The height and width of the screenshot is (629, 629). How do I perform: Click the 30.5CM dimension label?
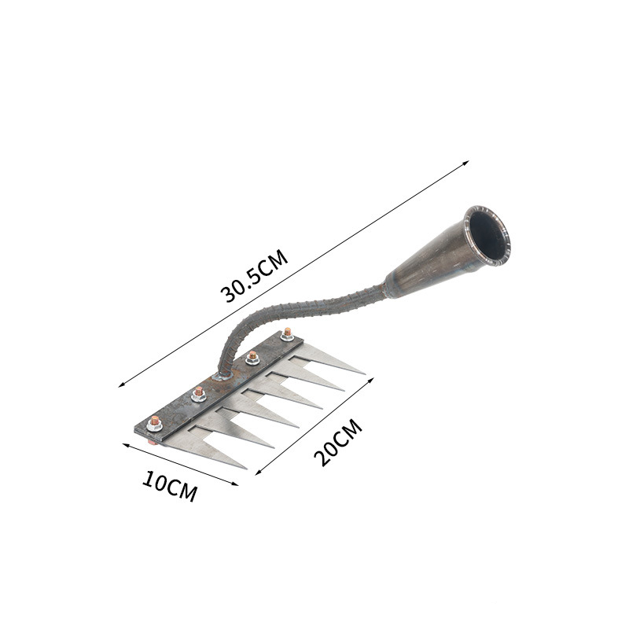[254, 276]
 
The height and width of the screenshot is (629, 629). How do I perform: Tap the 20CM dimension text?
[338, 442]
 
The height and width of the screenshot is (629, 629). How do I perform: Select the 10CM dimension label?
[170, 486]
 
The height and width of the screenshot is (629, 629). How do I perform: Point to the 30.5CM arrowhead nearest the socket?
[466, 163]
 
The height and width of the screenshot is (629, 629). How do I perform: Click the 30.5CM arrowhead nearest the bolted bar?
[121, 385]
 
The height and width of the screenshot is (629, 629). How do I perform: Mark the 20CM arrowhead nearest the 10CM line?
[258, 473]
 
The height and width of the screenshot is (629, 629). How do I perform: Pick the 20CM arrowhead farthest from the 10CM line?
[371, 380]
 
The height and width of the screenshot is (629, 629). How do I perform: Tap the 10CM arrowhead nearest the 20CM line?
[235, 484]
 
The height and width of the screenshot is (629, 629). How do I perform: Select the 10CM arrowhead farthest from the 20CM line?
[125, 445]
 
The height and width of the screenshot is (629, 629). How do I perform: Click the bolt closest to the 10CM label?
[154, 423]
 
